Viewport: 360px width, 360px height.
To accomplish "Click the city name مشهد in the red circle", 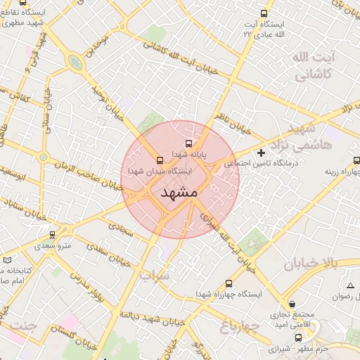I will pos(180,192).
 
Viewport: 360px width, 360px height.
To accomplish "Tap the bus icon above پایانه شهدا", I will pos(188,143).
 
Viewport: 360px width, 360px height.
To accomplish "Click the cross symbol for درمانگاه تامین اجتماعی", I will pos(262,153).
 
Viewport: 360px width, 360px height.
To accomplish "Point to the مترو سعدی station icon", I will pos(52,235).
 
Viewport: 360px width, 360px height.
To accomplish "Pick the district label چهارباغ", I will pos(240,327).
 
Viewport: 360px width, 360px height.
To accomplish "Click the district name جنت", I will pos(25,325).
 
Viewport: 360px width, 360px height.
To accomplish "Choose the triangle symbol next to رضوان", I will pos(350,285).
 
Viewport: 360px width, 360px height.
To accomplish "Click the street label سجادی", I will pos(120,226).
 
